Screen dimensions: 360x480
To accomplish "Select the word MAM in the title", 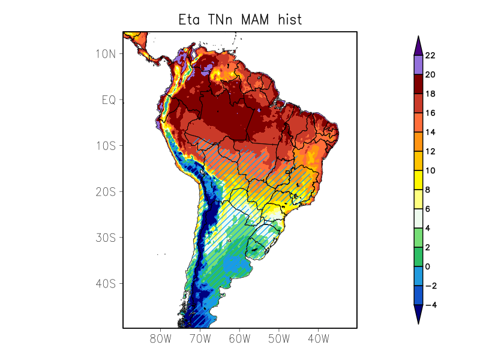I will pos(257,19).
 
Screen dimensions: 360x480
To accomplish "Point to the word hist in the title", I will pos(289,19).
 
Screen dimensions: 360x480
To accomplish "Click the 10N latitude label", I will pos(106,54).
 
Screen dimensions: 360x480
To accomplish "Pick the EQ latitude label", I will pos(109,100).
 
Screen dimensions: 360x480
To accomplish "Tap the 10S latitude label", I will pos(106,146).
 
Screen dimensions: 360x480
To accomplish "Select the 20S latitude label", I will pos(106,192).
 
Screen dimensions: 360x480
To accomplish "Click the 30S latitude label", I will pos(106,238).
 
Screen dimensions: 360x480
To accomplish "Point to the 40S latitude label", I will pos(106,283).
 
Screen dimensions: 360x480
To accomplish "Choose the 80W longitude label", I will pos(161,338).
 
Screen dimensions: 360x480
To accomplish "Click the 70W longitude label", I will pos(200,338).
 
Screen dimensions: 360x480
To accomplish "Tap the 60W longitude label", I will pos(239,338).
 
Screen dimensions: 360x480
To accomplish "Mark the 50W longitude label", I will pos(279,338).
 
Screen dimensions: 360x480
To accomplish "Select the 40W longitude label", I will pos(318,338).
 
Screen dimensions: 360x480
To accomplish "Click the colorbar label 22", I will pos(430,56).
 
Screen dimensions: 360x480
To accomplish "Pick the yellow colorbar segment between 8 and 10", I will pos(418,180).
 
